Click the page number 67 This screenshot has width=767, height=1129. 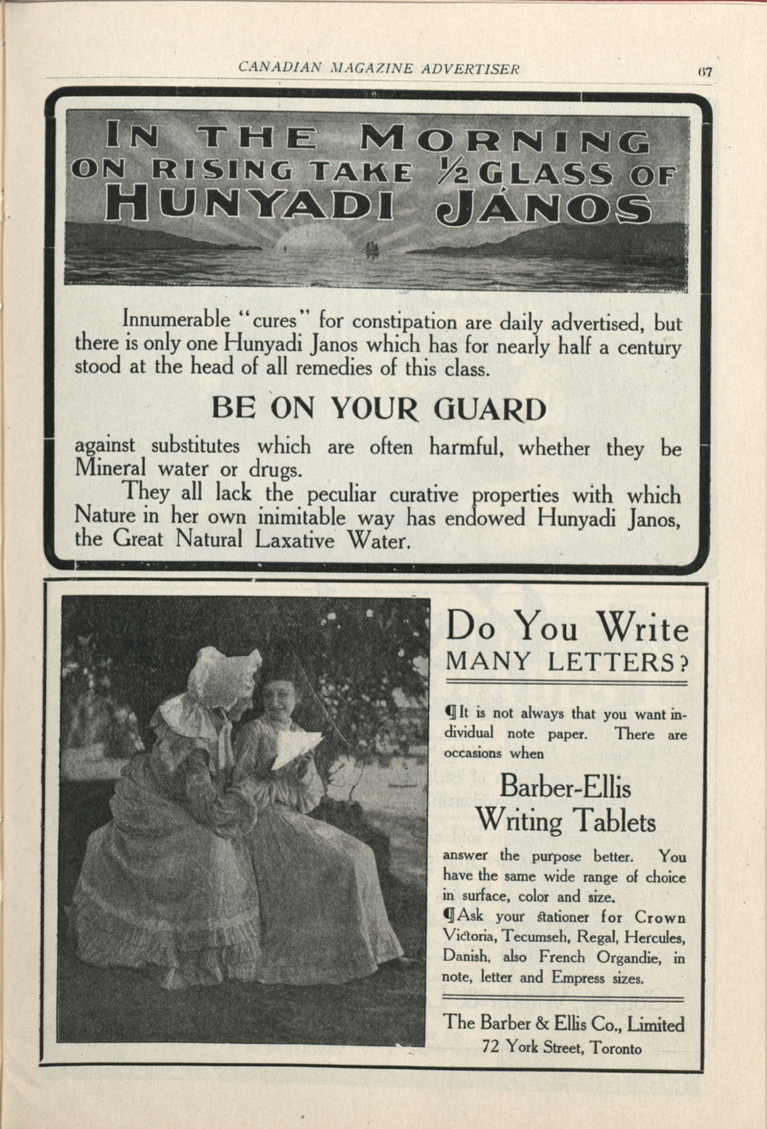704,72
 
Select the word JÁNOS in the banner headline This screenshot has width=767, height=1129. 544,208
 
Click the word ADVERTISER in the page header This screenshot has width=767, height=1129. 470,69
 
